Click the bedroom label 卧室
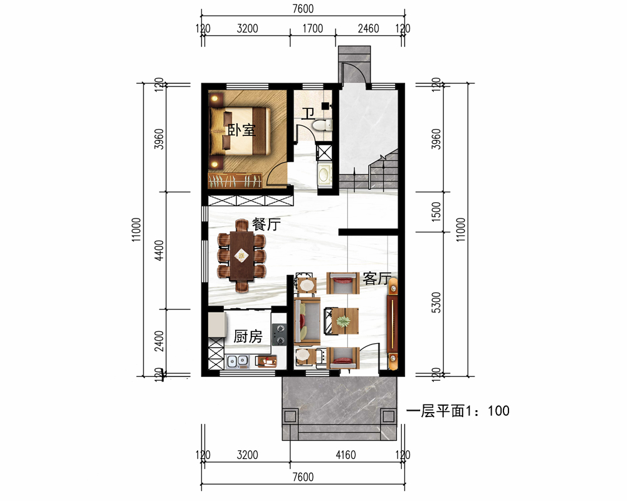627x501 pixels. pyautogui.click(x=241, y=130)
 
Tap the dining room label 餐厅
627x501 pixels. pyautogui.click(x=266, y=224)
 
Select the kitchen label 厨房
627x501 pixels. pyautogui.click(x=248, y=336)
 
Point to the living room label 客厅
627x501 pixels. pyautogui.click(x=376, y=279)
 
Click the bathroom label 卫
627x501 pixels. pyautogui.click(x=307, y=114)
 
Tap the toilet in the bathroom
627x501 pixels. pyautogui.click(x=322, y=125)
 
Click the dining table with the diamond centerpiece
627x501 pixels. pyautogui.click(x=241, y=256)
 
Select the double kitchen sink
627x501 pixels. pyautogui.click(x=238, y=361)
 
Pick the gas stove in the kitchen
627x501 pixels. pyautogui.click(x=280, y=334)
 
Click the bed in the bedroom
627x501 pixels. pyautogui.click(x=240, y=131)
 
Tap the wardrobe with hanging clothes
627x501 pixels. pyautogui.click(x=234, y=180)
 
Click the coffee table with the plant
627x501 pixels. pyautogui.click(x=342, y=321)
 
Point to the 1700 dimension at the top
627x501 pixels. pyautogui.click(x=312, y=28)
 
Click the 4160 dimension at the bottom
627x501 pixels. pyautogui.click(x=345, y=455)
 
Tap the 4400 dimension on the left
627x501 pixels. pyautogui.click(x=159, y=250)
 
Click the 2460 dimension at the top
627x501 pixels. pyautogui.click(x=368, y=28)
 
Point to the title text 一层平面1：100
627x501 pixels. pyautogui.click(x=458, y=411)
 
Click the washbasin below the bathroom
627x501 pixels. pyautogui.click(x=324, y=174)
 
